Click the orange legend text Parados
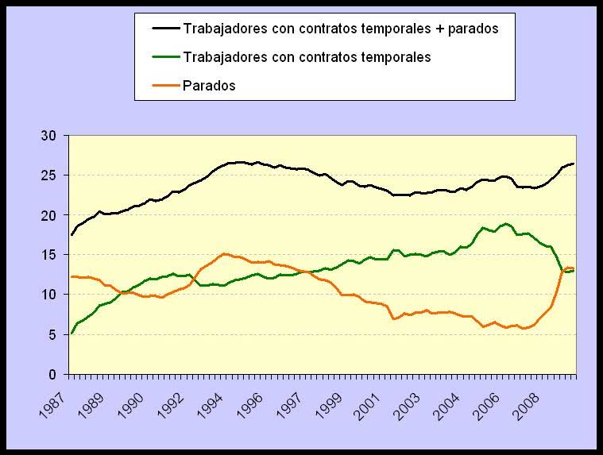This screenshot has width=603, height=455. point(209,86)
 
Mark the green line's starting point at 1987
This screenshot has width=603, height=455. point(71,334)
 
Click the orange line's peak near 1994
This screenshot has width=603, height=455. point(225,254)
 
